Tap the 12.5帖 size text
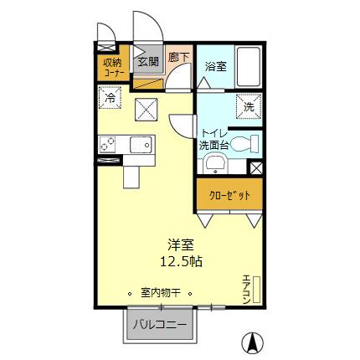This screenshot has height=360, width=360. tap(181, 260)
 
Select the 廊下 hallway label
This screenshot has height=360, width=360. tap(177, 58)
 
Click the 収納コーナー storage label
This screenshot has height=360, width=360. tap(113, 66)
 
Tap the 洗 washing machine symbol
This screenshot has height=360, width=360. tap(249, 106)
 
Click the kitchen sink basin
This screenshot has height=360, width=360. tap(140, 146)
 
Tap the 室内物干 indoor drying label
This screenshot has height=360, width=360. tap(162, 293)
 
